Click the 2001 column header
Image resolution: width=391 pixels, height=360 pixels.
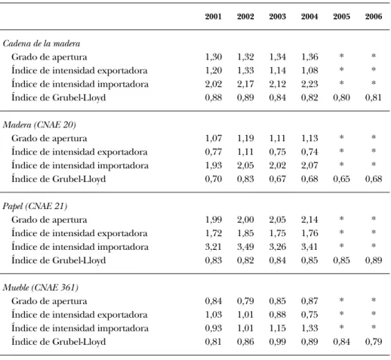213,17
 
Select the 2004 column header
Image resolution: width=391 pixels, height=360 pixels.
309,17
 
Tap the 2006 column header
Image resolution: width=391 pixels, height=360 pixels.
374,17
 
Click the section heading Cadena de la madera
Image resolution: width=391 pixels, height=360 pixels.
42,44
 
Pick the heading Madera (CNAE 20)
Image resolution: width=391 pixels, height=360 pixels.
39,125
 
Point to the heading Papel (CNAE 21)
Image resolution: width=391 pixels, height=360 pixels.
35,206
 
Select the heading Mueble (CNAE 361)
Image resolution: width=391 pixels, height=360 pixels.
41,288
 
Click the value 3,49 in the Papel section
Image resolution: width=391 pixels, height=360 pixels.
245,247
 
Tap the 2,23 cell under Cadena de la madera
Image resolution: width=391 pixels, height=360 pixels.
309,84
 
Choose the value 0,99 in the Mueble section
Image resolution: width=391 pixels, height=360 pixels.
278,342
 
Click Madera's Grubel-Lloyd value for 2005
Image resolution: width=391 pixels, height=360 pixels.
341,179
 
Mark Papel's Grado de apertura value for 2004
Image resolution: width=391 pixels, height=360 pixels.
309,220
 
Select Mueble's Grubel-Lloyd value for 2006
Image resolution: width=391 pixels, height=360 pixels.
374,342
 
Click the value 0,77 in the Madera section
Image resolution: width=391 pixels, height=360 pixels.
213,152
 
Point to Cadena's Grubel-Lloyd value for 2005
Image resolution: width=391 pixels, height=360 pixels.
341,97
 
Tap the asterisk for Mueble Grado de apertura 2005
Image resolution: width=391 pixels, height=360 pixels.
341,300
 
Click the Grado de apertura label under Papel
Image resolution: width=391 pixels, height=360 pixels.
49,220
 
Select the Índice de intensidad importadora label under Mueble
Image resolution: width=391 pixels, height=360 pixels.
80,328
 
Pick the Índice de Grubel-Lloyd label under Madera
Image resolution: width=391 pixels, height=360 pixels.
59,179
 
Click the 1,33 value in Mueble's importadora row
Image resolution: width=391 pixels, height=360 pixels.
309,328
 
